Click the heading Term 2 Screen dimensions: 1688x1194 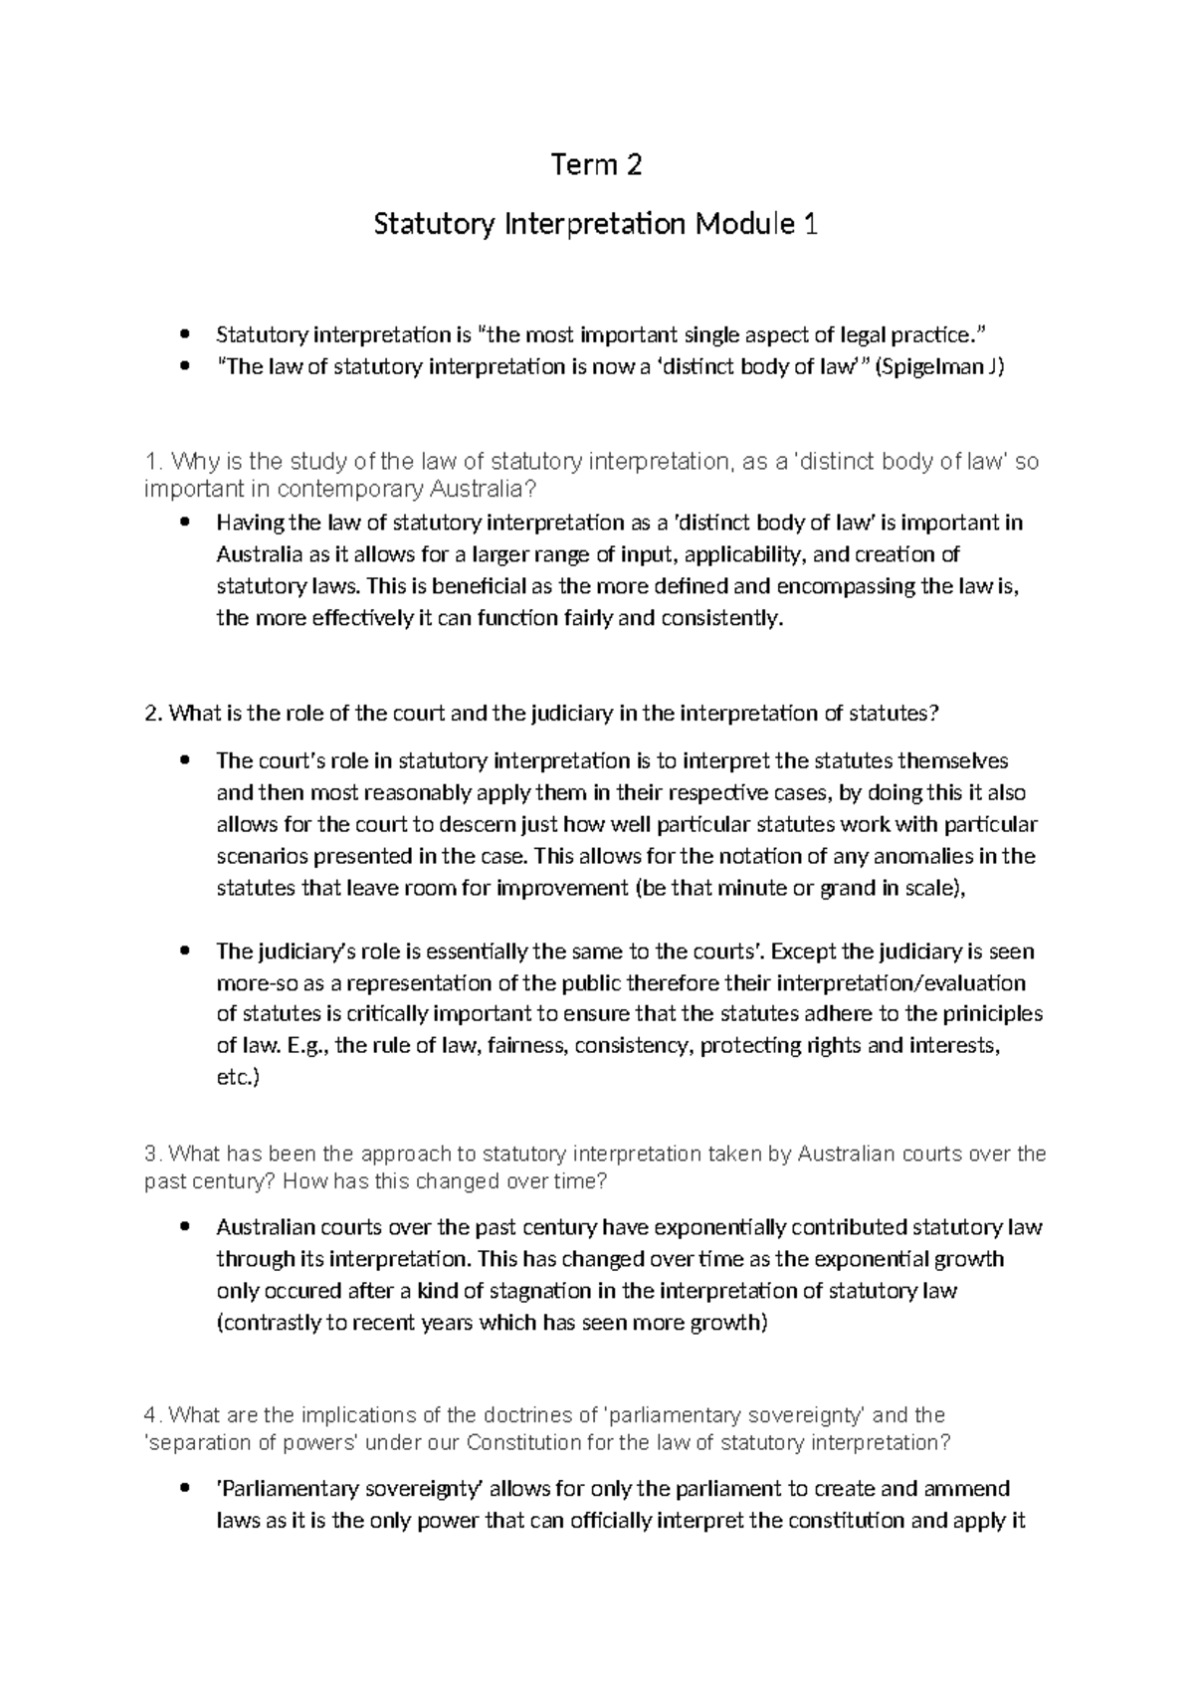(x=596, y=165)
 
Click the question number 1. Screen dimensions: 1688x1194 (x=150, y=462)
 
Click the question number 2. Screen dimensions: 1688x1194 (x=150, y=714)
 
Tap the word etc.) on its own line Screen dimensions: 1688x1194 (x=237, y=1078)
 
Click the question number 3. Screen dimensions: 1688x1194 (x=150, y=1155)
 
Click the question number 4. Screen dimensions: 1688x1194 (x=150, y=1415)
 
